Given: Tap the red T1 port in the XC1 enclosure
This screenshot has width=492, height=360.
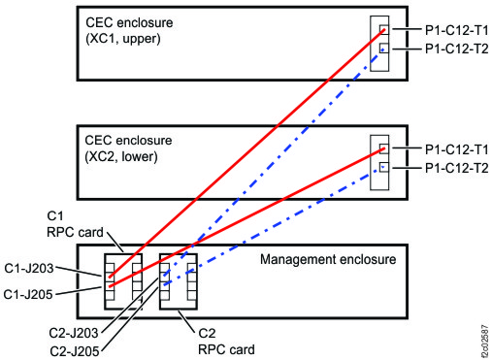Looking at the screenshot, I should [384, 29].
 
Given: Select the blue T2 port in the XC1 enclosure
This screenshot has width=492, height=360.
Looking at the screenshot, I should [384, 48].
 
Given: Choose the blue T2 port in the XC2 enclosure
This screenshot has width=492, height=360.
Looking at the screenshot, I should [384, 167].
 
